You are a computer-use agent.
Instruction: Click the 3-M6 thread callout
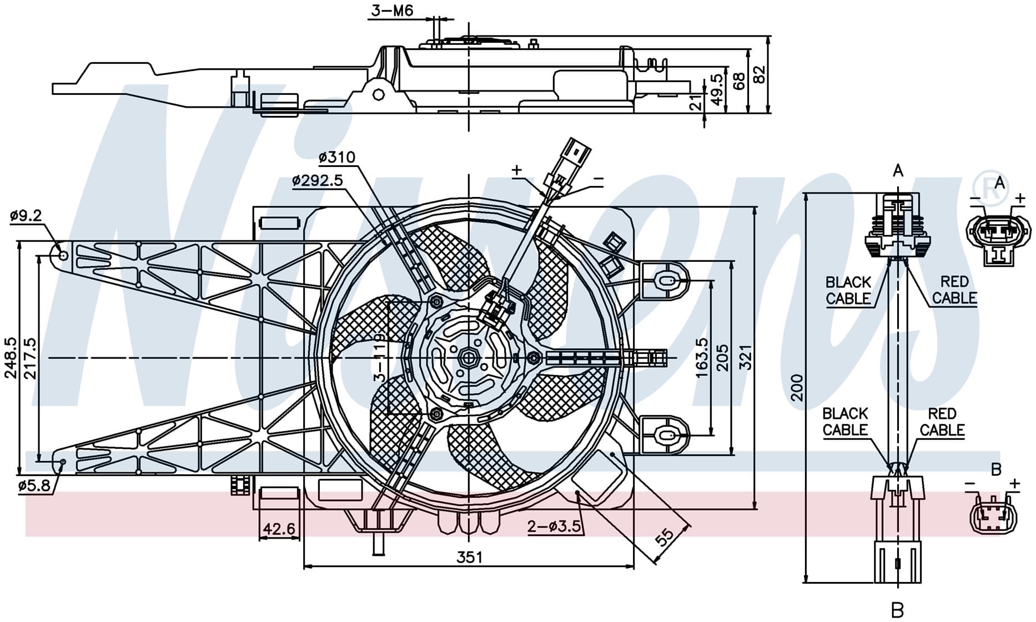coord(393,11)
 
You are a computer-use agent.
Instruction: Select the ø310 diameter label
coord(337,158)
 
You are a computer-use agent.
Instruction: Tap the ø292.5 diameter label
coord(318,180)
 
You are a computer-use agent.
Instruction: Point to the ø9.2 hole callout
coord(26,215)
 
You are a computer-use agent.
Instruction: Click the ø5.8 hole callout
coord(34,486)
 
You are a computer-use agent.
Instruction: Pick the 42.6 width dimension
coord(279,529)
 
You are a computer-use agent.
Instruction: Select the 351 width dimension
coord(469,557)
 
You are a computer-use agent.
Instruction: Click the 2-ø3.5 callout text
coord(554,525)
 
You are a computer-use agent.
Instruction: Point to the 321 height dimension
coord(745,357)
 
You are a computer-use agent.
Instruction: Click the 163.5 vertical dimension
coord(702,358)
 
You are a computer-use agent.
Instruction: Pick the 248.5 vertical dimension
coord(11,358)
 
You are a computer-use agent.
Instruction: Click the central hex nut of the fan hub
coord(469,357)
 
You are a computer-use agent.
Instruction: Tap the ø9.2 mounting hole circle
coord(63,255)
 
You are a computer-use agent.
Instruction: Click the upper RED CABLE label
coord(954,290)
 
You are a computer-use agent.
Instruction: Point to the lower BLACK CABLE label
coord(845,422)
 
